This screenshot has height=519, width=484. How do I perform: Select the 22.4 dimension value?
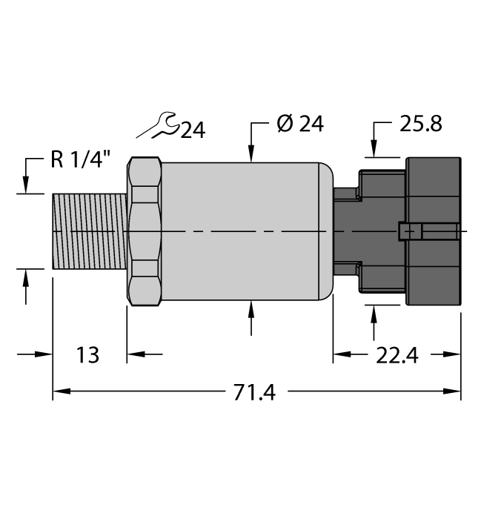[397, 357]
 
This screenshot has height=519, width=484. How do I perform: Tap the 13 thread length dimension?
[87, 355]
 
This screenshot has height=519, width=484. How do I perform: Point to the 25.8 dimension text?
[420, 124]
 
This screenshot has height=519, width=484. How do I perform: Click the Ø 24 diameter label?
[300, 124]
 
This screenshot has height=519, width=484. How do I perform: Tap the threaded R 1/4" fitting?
[90, 232]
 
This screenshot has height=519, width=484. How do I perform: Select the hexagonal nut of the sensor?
[145, 232]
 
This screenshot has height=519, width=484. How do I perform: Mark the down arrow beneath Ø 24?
[252, 152]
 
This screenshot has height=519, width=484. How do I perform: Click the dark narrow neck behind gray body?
[344, 231]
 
